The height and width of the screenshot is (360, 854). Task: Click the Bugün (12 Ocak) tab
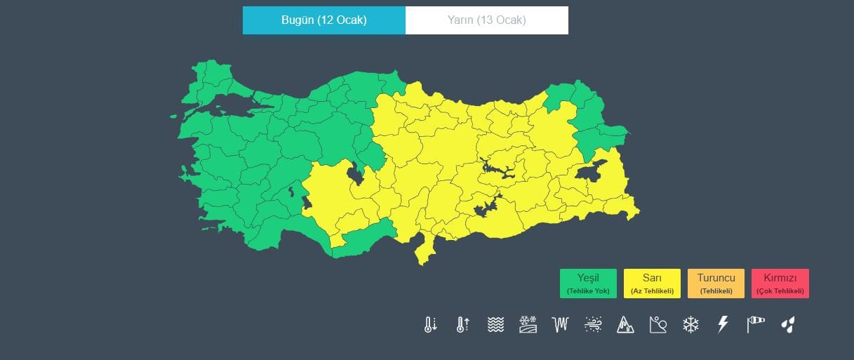[x=323, y=20]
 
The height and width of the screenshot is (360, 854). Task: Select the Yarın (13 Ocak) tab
[x=486, y=20]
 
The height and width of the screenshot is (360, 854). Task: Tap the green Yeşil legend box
[x=588, y=284]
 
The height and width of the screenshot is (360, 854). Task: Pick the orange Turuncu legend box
[x=716, y=284]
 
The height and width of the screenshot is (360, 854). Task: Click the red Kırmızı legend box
[x=780, y=284]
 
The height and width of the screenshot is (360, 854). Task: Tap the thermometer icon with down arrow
[x=430, y=324]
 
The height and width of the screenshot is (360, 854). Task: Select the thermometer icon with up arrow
[x=462, y=324]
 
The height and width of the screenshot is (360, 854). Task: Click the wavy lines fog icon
[x=495, y=324]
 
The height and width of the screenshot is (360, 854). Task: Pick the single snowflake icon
[x=691, y=324]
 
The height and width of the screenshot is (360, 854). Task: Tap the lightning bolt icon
[x=723, y=324]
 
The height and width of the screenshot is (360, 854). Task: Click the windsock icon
[x=756, y=324]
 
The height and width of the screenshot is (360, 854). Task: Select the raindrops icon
[x=789, y=324]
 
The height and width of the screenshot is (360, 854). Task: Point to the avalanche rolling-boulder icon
[x=658, y=324]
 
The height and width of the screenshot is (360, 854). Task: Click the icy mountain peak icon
[x=625, y=324]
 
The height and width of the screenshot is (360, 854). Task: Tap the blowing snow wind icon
[x=593, y=324]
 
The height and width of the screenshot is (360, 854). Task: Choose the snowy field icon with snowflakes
[x=528, y=324]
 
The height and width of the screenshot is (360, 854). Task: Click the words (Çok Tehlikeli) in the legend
[x=780, y=291]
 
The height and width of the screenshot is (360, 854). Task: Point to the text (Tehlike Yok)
[x=588, y=291]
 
